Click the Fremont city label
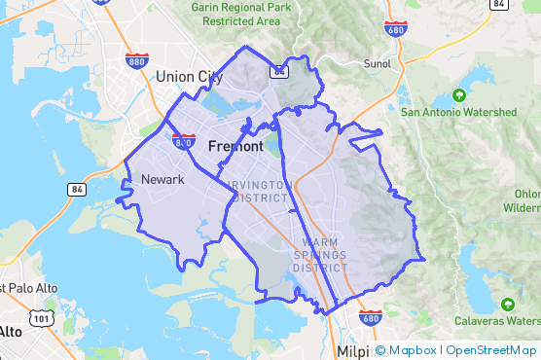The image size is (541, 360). [235, 146]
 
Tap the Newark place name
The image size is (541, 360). [162, 179]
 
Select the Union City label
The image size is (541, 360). [189, 76]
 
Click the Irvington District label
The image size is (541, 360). [258, 191]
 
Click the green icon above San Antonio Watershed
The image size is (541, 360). [458, 95]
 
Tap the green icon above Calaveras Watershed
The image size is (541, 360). [507, 306]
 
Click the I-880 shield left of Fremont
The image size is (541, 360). [183, 141]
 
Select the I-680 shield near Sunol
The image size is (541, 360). [396, 29]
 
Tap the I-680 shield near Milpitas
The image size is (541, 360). [370, 317]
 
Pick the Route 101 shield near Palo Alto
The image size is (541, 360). [41, 317]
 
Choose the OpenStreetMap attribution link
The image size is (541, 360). [489, 350]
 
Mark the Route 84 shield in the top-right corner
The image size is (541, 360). [499, 5]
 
